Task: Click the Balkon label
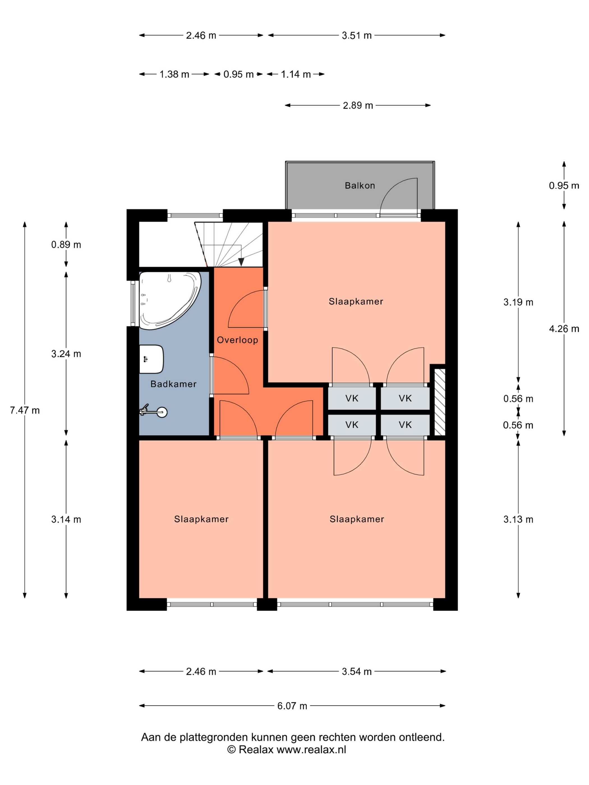click(x=360, y=185)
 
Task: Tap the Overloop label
click(x=237, y=340)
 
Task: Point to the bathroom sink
click(x=151, y=359)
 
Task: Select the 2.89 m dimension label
click(x=358, y=105)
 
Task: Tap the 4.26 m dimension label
click(x=564, y=329)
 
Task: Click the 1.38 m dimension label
click(x=174, y=74)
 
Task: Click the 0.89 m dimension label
click(x=66, y=244)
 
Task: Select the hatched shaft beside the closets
click(x=440, y=402)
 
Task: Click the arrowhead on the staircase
click(x=241, y=262)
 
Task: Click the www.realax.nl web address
click(x=311, y=749)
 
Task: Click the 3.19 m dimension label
click(x=518, y=302)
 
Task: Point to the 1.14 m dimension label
click(x=296, y=74)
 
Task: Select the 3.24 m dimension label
click(x=66, y=354)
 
